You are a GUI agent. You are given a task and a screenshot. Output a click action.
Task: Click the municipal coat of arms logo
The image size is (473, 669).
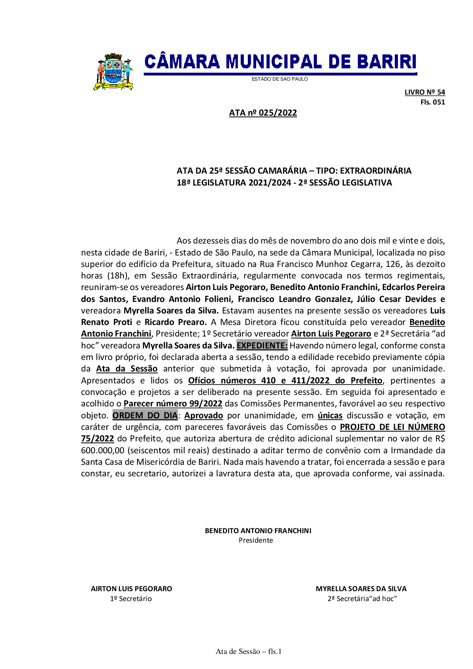(113, 72)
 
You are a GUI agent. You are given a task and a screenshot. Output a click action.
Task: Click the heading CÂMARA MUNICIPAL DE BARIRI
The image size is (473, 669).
(280, 62)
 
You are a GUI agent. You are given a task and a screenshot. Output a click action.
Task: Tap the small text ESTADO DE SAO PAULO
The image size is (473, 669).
(280, 79)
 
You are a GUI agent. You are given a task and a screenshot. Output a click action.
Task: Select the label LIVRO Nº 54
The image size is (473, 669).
(425, 92)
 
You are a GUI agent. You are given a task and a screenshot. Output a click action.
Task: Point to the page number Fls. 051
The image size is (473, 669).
(432, 102)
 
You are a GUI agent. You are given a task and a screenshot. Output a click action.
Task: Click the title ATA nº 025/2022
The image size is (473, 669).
(263, 113)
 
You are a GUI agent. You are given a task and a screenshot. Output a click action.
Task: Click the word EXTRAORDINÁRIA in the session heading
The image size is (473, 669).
(376, 171)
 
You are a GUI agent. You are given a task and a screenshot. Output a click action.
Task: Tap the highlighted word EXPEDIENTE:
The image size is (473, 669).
(262, 346)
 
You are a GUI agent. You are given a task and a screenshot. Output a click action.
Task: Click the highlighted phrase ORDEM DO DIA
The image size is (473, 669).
(145, 416)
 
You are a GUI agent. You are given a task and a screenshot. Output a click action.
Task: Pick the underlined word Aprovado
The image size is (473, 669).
(204, 416)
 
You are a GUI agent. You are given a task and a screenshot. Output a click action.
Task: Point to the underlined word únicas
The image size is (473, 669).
(330, 416)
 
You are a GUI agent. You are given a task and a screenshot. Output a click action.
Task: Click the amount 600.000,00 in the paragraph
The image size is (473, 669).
(103, 451)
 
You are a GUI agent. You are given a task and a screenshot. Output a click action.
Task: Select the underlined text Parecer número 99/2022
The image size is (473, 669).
(173, 404)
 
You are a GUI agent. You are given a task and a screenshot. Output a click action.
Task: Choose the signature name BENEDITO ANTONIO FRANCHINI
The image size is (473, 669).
(258, 531)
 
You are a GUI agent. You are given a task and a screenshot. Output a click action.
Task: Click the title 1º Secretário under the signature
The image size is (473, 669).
(131, 599)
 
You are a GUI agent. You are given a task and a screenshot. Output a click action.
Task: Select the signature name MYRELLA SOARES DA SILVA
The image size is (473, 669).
(361, 589)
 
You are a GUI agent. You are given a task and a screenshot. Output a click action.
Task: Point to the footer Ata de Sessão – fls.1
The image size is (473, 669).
(249, 652)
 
